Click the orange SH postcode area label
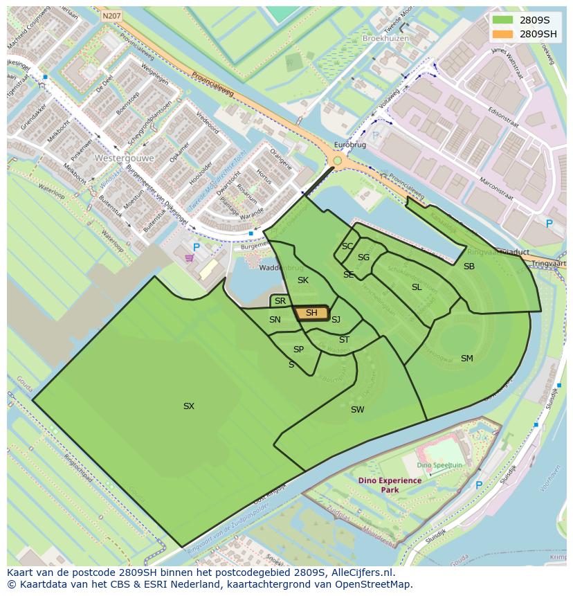tap(311, 313)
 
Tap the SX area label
tap(189, 406)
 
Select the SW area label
tap(357, 410)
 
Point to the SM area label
tap(467, 358)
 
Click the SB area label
tap(469, 267)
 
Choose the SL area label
tap(417, 287)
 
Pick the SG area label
tap(363, 258)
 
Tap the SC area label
tap(347, 246)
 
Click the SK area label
tap(303, 280)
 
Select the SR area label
tap(280, 301)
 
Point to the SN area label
tap(275, 320)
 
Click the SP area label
tap(298, 350)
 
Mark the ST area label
tap(344, 340)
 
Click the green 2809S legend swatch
tap(504, 20)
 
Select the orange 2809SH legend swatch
tap(504, 34)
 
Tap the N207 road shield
tap(110, 15)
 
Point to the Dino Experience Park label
tap(390, 485)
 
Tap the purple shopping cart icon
tap(189, 258)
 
